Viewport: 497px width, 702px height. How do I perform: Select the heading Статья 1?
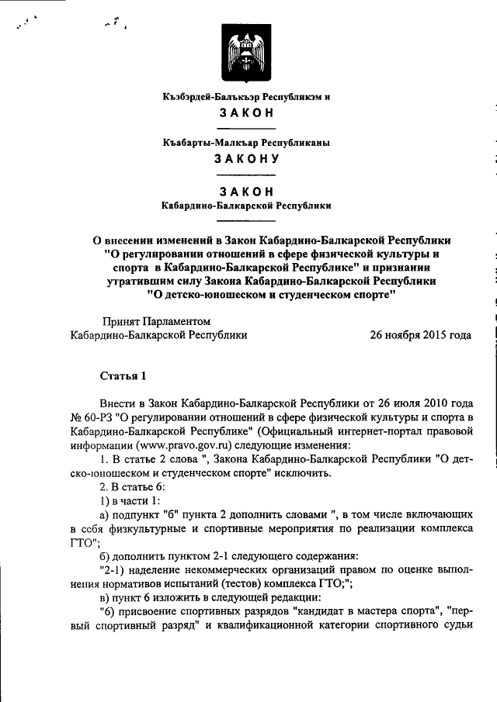click(123, 376)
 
